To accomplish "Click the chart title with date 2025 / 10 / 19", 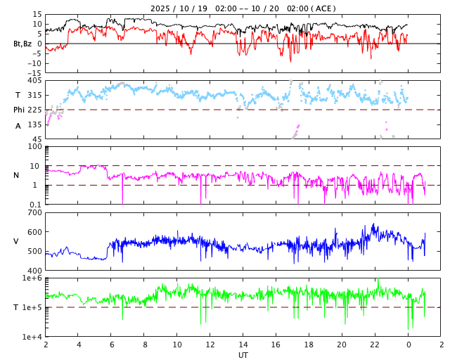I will pos(243,8).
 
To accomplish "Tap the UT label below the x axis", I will pos(243,355).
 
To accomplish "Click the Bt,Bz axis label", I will pos(22,44).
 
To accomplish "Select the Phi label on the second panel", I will pos(20,110).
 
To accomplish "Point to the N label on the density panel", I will pos(17,175).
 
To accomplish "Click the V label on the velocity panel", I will pos(16,241).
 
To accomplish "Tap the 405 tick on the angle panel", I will pos(34,81).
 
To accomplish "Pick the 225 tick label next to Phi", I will pos(34,110).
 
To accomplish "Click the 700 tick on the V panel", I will pos(34,212).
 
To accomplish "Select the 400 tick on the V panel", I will pos(34,270).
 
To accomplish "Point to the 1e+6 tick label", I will pos(32,278).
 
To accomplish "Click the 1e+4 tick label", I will pos(32,337).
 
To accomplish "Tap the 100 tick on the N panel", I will pos(35,146).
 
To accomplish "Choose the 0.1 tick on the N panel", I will pos(35,204).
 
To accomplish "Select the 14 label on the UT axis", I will pos(243,345).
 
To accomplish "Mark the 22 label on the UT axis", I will pos(375,345).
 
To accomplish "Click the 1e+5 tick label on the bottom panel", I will pos(32,307).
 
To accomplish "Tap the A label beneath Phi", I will pos(18,126).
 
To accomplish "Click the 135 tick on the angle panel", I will pos(34,124).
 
